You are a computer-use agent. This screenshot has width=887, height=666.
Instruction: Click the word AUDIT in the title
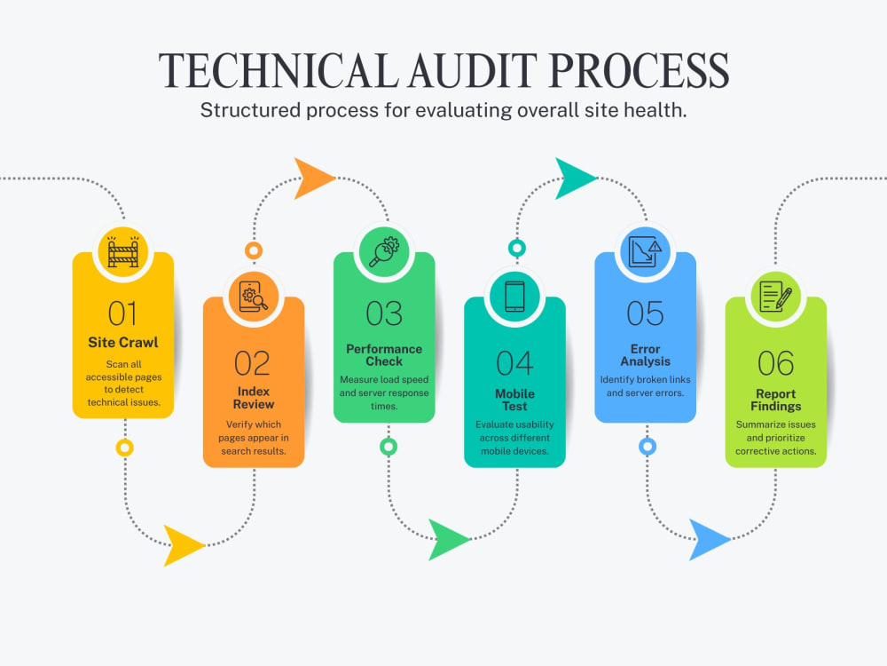tap(473, 71)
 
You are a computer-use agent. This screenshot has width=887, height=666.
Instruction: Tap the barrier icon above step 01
tap(123, 251)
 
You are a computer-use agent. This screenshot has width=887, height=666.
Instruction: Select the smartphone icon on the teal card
tap(514, 297)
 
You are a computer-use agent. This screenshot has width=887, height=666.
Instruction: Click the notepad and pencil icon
tap(775, 297)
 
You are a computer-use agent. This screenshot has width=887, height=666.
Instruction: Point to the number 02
tap(252, 363)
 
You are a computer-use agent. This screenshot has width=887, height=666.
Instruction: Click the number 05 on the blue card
tap(645, 313)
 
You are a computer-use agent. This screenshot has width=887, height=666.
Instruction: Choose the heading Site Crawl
tap(123, 342)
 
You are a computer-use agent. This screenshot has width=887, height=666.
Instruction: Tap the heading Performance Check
tap(384, 355)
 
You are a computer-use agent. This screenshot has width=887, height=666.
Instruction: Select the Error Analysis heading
tap(646, 355)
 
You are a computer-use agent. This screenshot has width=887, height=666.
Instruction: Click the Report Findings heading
tap(775, 400)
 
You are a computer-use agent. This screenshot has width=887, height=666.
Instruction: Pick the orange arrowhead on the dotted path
tap(311, 178)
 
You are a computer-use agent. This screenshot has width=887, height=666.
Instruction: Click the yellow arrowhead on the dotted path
tap(182, 545)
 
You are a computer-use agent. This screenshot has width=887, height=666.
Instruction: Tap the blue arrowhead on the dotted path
tap(707, 540)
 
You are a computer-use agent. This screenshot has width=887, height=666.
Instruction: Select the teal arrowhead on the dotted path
tap(573, 178)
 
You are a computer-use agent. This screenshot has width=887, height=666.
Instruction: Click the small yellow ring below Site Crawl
tap(124, 448)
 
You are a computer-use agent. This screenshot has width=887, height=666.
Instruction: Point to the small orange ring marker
tap(254, 250)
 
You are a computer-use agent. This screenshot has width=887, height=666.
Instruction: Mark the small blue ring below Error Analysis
tap(648, 447)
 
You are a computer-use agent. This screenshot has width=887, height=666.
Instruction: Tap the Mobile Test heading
tap(514, 400)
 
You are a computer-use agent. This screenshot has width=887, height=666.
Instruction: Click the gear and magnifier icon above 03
tap(384, 251)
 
